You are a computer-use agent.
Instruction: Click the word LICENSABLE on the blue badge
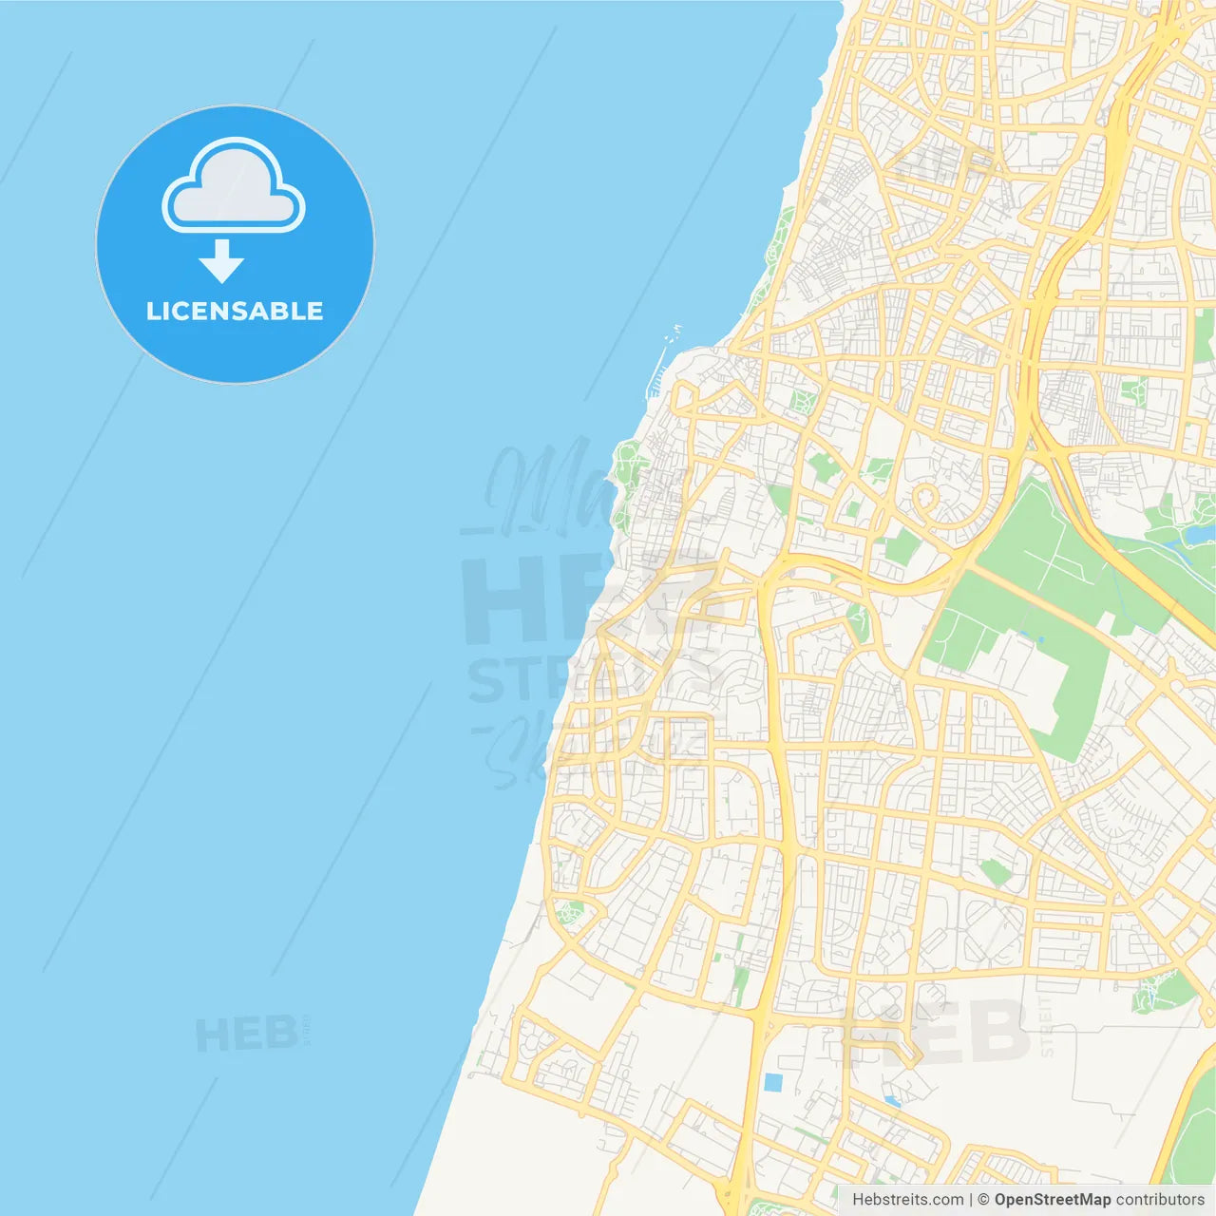(x=235, y=311)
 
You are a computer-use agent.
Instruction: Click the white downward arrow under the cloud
(x=222, y=261)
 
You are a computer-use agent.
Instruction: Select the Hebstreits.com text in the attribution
(x=907, y=1200)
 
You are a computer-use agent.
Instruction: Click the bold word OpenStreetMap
(x=1053, y=1200)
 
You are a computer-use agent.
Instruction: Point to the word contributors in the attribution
(x=1160, y=1200)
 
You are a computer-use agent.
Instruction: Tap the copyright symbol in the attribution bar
(x=983, y=1200)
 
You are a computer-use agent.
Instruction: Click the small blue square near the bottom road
(x=773, y=1082)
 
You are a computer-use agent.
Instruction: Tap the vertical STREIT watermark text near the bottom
(x=1046, y=1026)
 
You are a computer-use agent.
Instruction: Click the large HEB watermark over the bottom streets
(x=936, y=1031)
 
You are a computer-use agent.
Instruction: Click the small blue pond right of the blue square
(x=891, y=1101)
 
